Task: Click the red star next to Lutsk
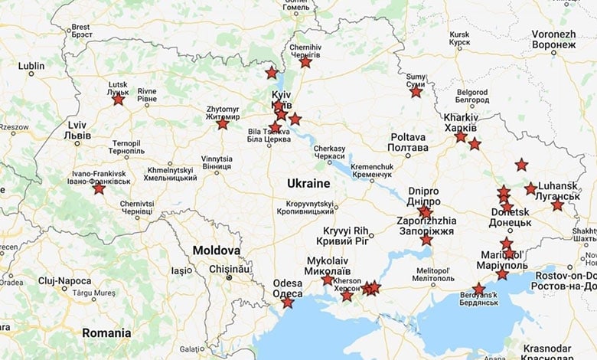click(x=118, y=99)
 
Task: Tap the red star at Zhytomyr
click(x=222, y=123)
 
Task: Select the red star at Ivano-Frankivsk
click(x=99, y=188)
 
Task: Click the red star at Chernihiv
click(x=305, y=62)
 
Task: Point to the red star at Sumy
click(x=416, y=91)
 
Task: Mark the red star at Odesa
click(x=287, y=303)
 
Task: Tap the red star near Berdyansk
click(x=478, y=290)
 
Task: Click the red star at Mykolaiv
click(x=328, y=280)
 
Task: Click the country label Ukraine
click(x=308, y=184)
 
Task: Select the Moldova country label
click(x=216, y=250)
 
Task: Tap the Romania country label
click(x=106, y=333)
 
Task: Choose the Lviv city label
click(x=79, y=129)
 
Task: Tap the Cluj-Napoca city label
click(x=64, y=281)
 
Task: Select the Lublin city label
click(x=31, y=66)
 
